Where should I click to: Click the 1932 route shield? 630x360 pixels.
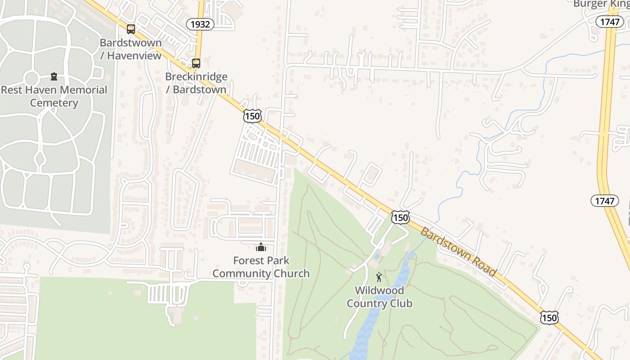coord(200,24)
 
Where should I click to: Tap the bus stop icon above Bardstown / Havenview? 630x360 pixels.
coord(130,29)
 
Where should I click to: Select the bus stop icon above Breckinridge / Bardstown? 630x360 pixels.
coord(196,63)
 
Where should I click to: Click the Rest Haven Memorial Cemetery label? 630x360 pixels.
coord(54,96)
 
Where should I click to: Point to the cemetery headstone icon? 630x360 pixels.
coord(54,76)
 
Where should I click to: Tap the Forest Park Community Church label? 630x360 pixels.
coord(261,267)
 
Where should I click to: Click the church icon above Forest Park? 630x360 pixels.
coord(261,247)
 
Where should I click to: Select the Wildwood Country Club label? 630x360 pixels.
coord(379,297)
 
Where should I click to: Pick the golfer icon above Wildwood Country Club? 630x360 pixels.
coord(379,277)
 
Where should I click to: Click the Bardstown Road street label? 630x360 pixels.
coord(459,252)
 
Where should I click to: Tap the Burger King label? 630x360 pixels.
coord(601,4)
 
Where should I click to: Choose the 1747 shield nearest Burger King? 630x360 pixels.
coord(609,22)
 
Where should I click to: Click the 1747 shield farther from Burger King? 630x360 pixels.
coord(604,201)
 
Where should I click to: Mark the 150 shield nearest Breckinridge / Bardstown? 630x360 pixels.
coord(252,116)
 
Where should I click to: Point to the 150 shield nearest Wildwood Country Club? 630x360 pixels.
coord(400,218)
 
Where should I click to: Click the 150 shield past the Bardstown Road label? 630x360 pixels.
coord(549,318)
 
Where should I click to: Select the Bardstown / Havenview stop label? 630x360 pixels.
coord(130,49)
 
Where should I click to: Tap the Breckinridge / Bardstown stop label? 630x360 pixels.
coord(196,83)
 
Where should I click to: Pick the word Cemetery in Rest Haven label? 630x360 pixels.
coord(54,103)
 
